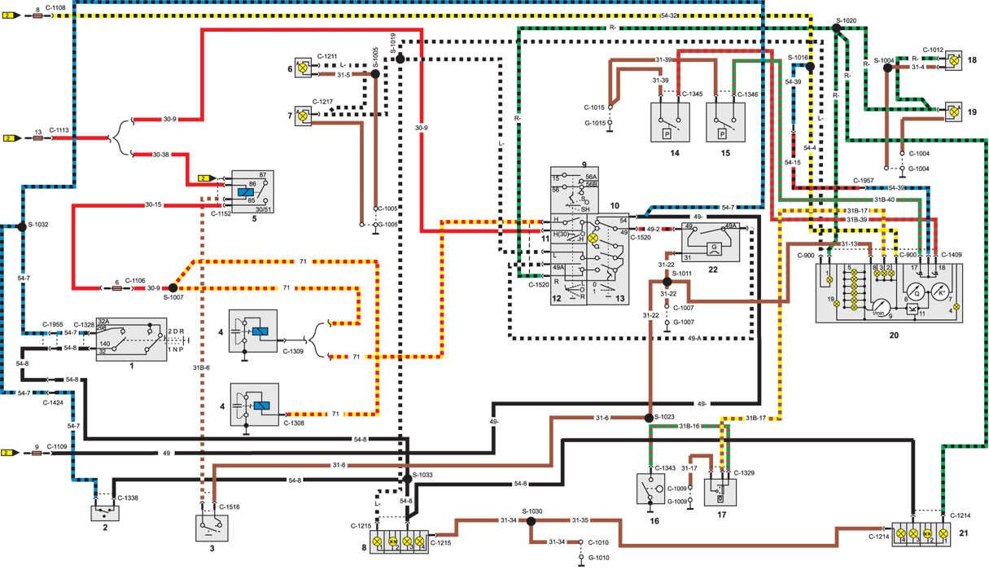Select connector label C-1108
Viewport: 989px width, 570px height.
click(56, 7)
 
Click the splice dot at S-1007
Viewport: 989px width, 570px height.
click(173, 288)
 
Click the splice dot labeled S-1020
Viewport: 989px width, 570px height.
click(836, 28)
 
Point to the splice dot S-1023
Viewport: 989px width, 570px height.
click(649, 418)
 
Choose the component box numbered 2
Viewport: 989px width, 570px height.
click(105, 514)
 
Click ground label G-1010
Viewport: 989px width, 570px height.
click(598, 557)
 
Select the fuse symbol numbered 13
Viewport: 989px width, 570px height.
click(38, 138)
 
